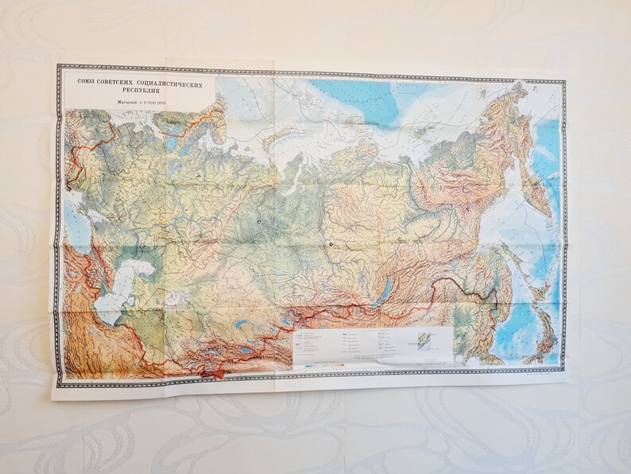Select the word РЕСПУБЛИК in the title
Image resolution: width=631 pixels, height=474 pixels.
tap(137, 92)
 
